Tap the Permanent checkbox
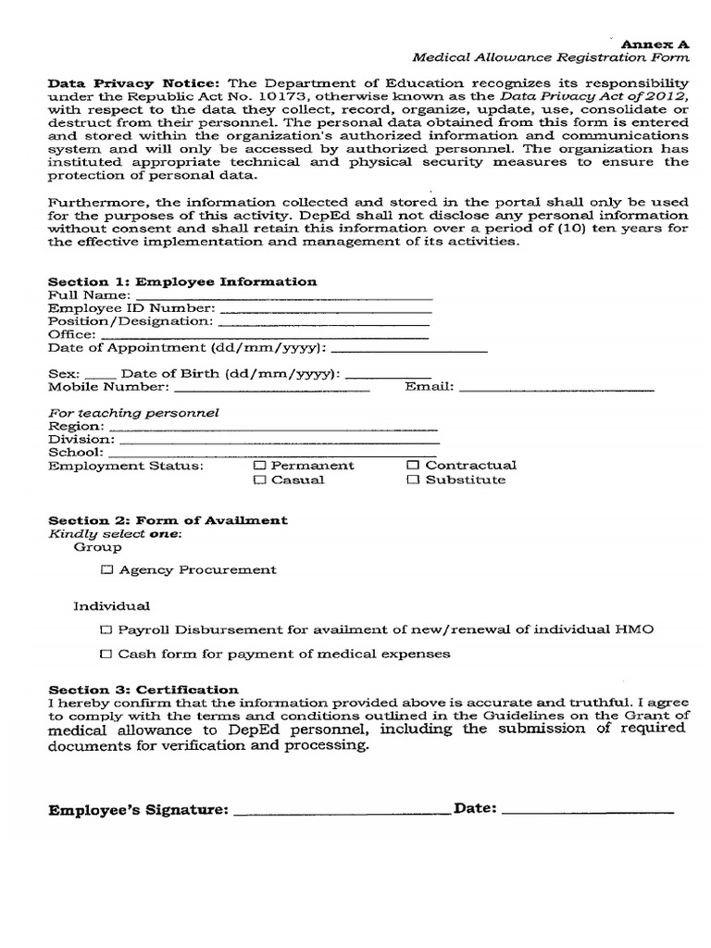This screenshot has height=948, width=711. coord(260,465)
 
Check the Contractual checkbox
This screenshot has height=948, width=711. coord(414,465)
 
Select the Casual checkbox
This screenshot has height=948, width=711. coord(260,480)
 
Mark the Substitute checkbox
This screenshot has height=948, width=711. coord(414,480)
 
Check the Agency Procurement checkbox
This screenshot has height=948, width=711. coord(108,569)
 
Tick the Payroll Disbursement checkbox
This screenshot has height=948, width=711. coord(108,629)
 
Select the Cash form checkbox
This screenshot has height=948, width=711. coord(108,654)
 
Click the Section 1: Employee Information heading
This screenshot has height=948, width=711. coord(182,281)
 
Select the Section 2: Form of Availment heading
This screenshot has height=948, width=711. coord(168,520)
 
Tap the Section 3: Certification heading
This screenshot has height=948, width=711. coord(143,690)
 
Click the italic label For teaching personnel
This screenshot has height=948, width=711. coord(133,413)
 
